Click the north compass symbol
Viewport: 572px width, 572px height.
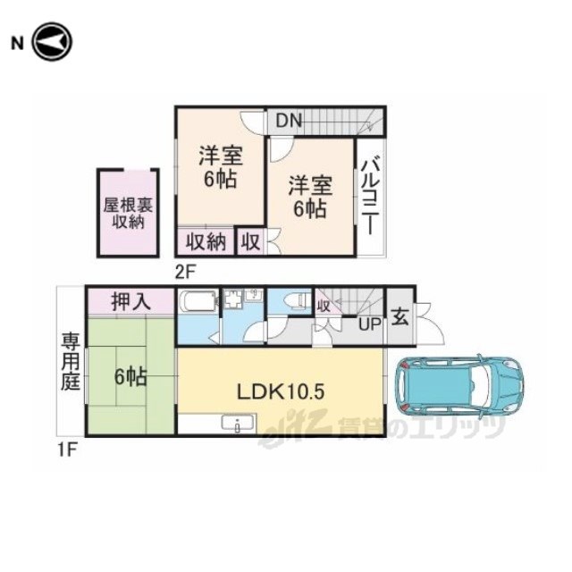click(x=52, y=42)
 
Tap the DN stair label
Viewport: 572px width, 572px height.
click(x=289, y=121)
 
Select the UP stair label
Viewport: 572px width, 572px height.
click(x=369, y=324)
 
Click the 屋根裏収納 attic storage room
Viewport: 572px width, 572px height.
click(x=128, y=213)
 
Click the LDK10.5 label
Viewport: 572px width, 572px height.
click(x=281, y=392)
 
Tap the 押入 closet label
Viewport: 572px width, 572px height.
click(x=131, y=302)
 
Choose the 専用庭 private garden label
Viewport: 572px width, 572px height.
click(x=70, y=361)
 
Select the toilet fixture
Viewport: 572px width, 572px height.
click(x=296, y=300)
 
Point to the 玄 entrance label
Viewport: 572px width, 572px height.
click(x=400, y=317)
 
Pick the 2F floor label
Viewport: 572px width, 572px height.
click(x=185, y=272)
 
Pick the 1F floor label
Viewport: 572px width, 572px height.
click(x=68, y=450)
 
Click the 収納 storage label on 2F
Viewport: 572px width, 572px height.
click(x=206, y=241)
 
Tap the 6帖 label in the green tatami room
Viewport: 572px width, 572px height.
click(x=130, y=377)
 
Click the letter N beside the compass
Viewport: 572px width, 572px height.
click(x=17, y=44)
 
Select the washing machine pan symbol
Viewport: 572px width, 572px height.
click(x=232, y=300)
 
